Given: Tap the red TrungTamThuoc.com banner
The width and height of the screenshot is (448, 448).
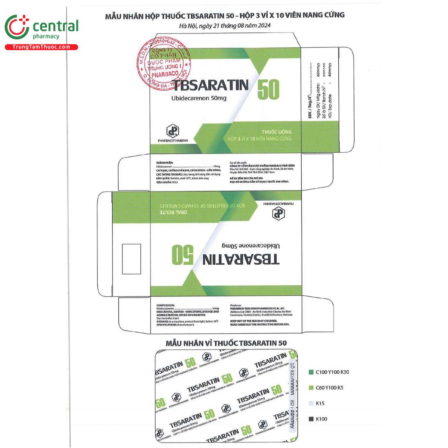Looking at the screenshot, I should pyautogui.click(x=41, y=47).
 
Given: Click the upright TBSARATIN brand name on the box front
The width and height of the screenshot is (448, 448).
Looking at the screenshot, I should pyautogui.click(x=210, y=85).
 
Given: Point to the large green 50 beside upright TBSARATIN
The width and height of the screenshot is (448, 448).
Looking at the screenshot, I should pyautogui.click(x=268, y=90).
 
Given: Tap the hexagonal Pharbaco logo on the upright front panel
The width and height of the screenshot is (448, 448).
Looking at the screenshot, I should pyautogui.click(x=172, y=131).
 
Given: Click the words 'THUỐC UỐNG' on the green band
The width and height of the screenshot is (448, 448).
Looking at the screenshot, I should pyautogui.click(x=276, y=132).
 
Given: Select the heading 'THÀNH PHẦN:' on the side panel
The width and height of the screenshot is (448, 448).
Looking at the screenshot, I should pyautogui.click(x=164, y=163).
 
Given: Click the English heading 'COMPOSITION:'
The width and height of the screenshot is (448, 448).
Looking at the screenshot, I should pyautogui.click(x=166, y=305).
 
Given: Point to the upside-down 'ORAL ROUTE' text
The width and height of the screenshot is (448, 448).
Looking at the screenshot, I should pyautogui.click(x=173, y=212).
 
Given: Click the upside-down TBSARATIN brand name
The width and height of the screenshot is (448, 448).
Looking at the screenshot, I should pyautogui.click(x=241, y=259).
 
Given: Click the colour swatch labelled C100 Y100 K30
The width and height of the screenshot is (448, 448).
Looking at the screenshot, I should pyautogui.click(x=311, y=372).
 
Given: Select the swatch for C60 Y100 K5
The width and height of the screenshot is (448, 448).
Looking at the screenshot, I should pyautogui.click(x=311, y=388).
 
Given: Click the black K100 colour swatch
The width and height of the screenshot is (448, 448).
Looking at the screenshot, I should pyautogui.click(x=311, y=419).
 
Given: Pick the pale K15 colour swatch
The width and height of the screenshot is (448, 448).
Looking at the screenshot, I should pyautogui.click(x=311, y=403).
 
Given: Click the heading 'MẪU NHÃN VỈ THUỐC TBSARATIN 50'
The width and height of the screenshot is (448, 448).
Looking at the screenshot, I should pyautogui.click(x=226, y=343).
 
